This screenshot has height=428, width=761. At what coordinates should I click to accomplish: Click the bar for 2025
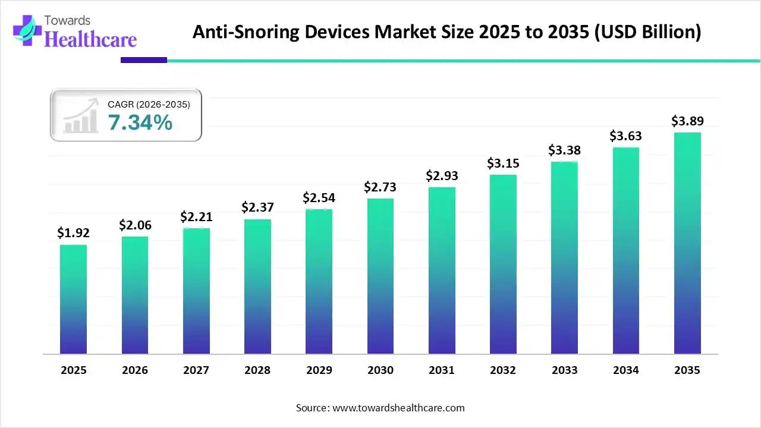pos(73,299)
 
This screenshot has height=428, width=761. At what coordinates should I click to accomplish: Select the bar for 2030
pos(380,276)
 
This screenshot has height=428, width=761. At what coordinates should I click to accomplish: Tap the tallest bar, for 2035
pos(687,243)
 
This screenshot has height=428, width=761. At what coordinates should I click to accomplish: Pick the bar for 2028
pos(257,287)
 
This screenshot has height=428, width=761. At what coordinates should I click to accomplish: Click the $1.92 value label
pos(73,233)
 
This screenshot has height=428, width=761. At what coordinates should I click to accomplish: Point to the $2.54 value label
pos(318,197)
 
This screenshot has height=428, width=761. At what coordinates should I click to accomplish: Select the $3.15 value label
pos(502,163)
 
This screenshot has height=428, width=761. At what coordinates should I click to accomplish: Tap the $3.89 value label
pos(687,121)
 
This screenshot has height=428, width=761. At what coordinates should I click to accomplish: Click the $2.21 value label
pos(196,217)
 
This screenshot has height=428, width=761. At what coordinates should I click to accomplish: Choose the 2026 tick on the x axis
pos(135,370)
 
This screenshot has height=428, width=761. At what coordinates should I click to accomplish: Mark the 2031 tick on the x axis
pos(441,370)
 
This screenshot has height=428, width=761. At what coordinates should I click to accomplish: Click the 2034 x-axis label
pos(625,370)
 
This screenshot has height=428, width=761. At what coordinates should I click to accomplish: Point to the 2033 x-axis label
pos(564,370)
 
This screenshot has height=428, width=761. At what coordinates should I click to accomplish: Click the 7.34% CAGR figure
pos(140,123)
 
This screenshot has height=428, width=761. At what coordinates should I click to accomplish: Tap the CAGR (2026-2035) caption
pos(149,105)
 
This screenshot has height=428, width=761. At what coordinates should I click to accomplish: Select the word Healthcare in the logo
pos(91,39)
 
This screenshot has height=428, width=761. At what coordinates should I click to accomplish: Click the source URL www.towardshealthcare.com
pos(397,408)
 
